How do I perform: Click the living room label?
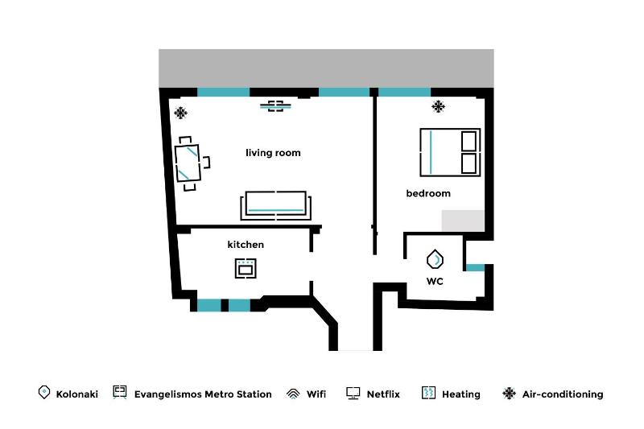click(x=273, y=153)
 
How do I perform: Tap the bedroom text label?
click(x=428, y=193)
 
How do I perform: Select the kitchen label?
click(x=246, y=245)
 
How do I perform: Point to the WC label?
click(x=435, y=282)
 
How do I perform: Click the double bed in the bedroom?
click(x=449, y=151)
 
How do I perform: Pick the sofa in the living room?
click(x=275, y=205)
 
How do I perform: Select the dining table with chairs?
click(x=190, y=163)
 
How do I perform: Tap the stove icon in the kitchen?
click(x=246, y=268)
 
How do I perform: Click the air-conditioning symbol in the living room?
click(x=181, y=113)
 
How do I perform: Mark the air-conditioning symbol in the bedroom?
click(x=439, y=106)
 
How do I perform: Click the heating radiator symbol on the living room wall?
click(x=276, y=105)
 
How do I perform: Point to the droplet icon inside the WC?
click(x=435, y=259)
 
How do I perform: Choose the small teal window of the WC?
click(x=475, y=267)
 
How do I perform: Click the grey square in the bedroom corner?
click(x=463, y=221)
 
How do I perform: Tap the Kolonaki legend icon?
click(x=44, y=393)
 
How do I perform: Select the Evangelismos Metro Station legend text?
click(x=203, y=394)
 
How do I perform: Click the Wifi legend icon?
click(x=293, y=394)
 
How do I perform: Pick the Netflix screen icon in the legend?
click(x=353, y=394)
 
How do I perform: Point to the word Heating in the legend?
click(x=461, y=394)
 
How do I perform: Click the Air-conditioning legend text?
click(x=563, y=394)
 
